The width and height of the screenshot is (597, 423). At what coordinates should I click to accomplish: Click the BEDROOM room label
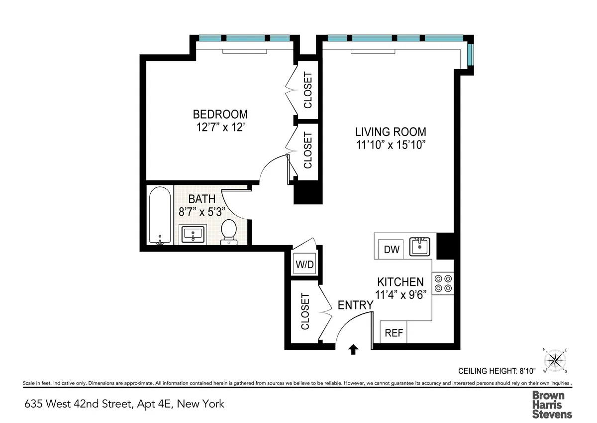click(x=220, y=114)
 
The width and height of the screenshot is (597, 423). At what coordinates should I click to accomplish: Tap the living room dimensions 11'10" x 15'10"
click(x=391, y=145)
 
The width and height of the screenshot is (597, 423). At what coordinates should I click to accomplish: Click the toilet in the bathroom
click(x=229, y=232)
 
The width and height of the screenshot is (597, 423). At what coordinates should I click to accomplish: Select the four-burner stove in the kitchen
click(x=443, y=283)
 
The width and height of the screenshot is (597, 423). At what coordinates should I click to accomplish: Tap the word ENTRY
click(x=355, y=305)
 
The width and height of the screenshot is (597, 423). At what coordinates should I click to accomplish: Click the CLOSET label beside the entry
click(x=305, y=312)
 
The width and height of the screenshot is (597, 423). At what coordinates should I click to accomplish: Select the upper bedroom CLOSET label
click(x=308, y=91)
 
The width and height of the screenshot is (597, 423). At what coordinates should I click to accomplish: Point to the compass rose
click(x=556, y=360)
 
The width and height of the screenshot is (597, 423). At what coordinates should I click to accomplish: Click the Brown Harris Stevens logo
click(x=552, y=404)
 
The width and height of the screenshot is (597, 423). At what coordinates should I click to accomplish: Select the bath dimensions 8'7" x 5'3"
click(x=202, y=211)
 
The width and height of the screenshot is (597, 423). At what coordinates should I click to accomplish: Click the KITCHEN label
click(x=400, y=282)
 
